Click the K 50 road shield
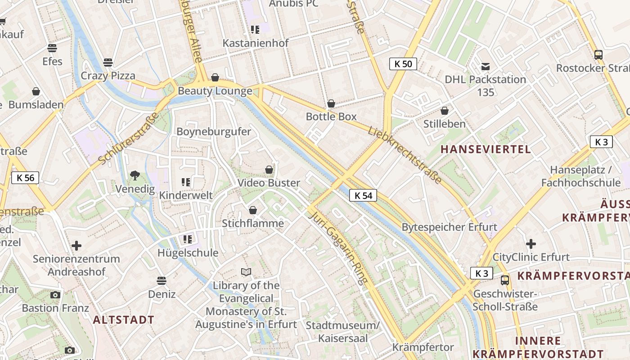tap(403, 64)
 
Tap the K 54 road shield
tap(363, 195)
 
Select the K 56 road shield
tap(25, 178)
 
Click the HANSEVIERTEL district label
tap(486, 149)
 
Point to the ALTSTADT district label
tap(124, 320)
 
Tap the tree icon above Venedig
tap(135, 175)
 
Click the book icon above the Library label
tap(246, 272)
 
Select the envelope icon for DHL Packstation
tap(485, 67)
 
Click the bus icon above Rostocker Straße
tap(598, 55)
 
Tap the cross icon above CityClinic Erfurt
tap(531, 244)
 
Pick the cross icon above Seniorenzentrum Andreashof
tap(76, 246)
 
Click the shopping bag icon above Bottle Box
tap(331, 103)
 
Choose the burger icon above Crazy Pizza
tap(108, 62)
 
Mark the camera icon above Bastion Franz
tap(55, 295)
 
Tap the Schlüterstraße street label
tap(128, 138)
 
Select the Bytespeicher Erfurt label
tap(449, 227)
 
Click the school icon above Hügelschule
tap(188, 239)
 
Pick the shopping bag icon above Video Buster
tap(269, 170)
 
